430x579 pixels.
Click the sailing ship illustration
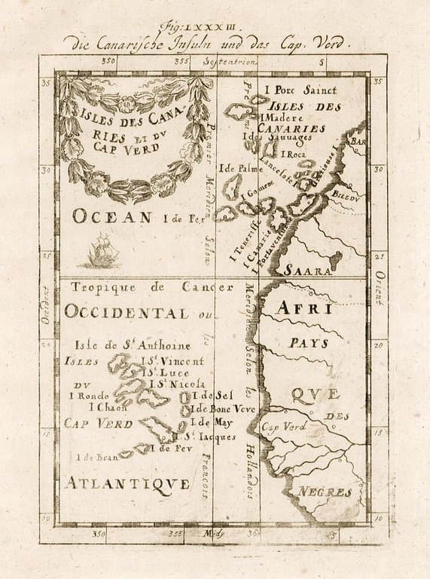(x=100, y=252)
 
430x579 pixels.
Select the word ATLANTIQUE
(x=127, y=483)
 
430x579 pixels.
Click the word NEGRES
(x=325, y=492)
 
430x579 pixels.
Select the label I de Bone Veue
(x=223, y=409)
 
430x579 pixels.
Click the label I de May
(x=212, y=422)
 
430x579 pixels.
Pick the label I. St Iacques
(x=206, y=436)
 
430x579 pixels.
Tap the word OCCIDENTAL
(x=127, y=312)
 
